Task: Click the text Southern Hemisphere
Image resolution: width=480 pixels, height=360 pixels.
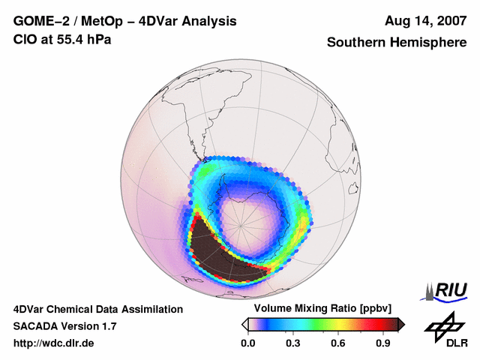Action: click(x=396, y=43)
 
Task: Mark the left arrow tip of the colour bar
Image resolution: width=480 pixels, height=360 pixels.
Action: click(x=243, y=324)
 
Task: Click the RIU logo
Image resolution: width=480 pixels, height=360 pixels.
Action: click(x=448, y=290)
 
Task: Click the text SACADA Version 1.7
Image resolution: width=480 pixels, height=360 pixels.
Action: click(x=64, y=326)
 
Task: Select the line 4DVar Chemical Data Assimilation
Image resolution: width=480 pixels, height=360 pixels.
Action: click(x=97, y=309)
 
